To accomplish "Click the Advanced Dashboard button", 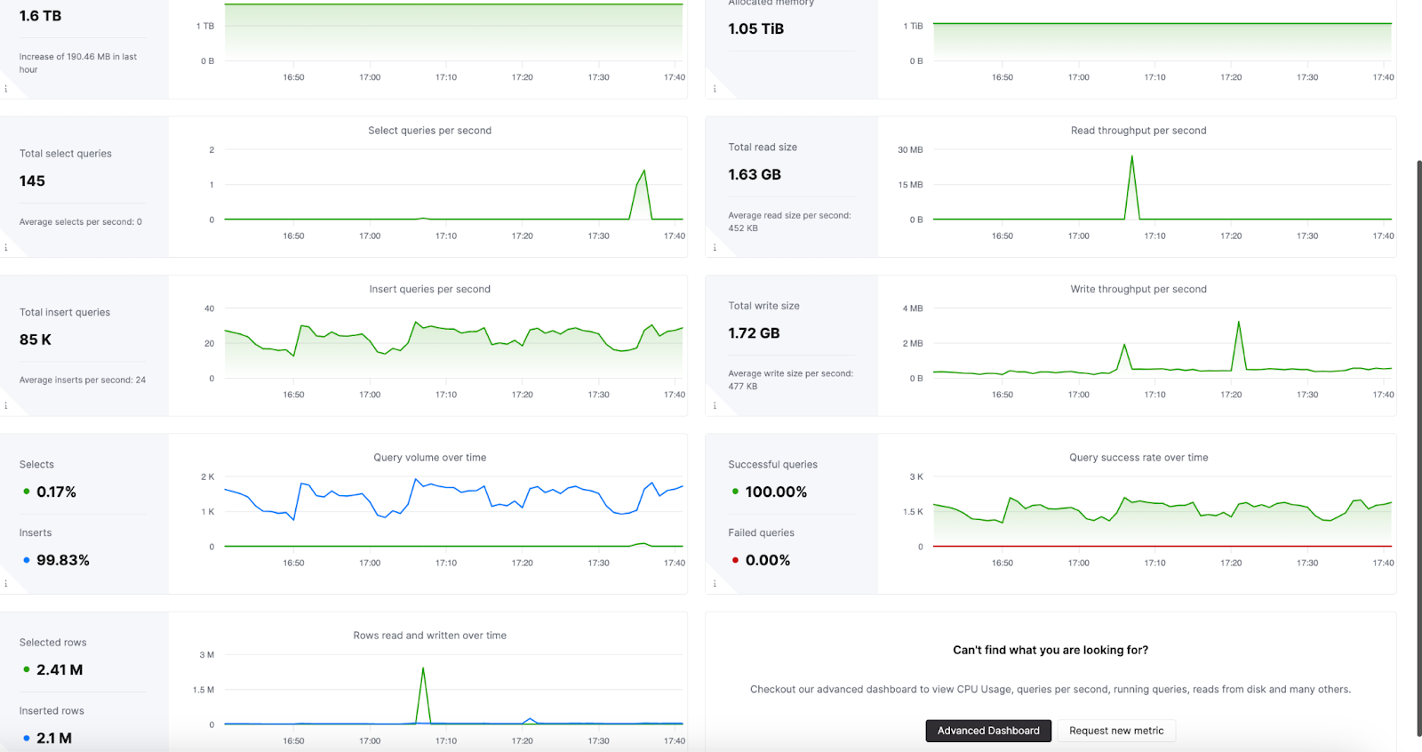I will [988, 731].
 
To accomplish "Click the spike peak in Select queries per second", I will [643, 171].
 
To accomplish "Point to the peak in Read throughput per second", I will [1131, 157].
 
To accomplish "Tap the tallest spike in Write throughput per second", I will [1239, 323].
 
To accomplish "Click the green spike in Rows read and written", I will [423, 668].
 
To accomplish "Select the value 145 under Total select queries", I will [32, 181].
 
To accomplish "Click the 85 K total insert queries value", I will [36, 340].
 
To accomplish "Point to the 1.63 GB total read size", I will [755, 175].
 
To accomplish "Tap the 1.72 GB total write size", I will [754, 333].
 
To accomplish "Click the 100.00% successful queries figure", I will [776, 492].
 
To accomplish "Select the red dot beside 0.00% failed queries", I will [735, 560].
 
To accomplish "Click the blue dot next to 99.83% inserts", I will [27, 560].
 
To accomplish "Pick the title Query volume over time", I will [429, 458].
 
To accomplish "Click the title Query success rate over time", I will [1138, 458].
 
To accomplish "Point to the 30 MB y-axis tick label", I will [910, 150].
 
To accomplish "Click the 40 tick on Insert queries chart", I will [209, 308].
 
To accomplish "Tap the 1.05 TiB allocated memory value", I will [755, 28].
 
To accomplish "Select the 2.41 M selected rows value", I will [60, 670].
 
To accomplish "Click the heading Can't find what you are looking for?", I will [1050, 650].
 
